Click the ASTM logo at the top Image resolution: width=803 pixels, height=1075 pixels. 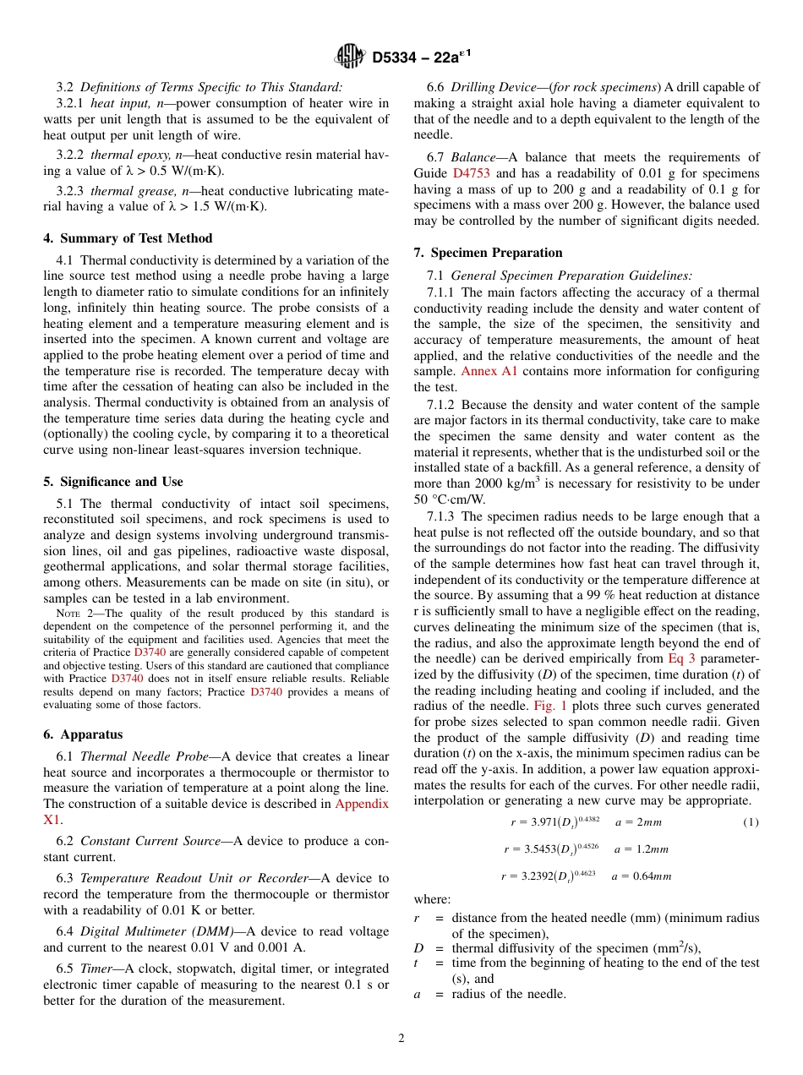348,57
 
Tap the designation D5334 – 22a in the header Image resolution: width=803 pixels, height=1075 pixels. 421,57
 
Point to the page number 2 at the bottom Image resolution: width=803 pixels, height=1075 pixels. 401,1039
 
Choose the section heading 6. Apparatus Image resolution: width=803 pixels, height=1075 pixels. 83,734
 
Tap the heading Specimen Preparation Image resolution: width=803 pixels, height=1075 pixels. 488,253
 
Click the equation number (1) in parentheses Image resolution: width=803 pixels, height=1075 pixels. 751,822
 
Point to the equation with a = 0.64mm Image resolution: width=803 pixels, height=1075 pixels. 586,876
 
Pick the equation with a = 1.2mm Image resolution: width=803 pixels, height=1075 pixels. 586,849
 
